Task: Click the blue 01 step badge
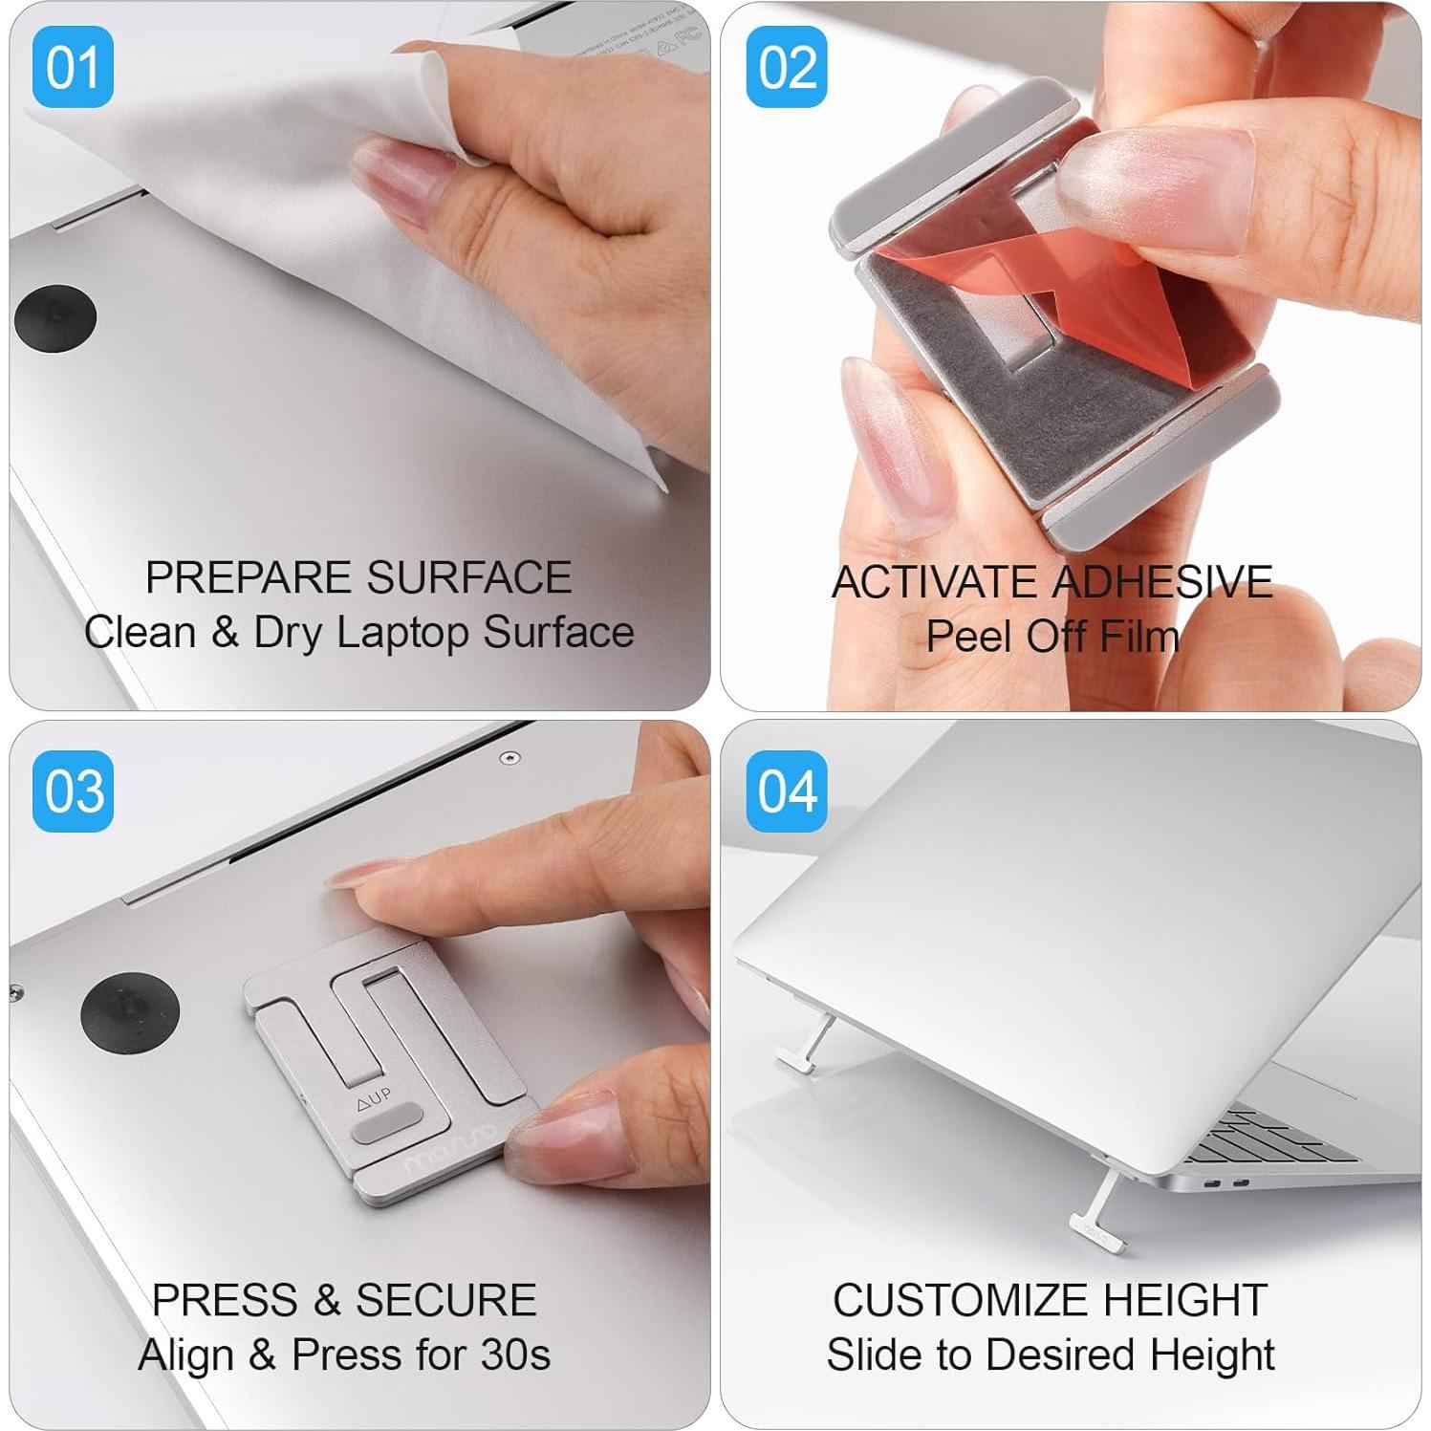(x=73, y=67)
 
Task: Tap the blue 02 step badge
(x=787, y=67)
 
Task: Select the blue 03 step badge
(x=73, y=791)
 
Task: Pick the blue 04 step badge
(x=787, y=791)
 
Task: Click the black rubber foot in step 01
(x=55, y=317)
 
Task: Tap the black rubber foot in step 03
(x=130, y=1014)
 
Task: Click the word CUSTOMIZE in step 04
(x=960, y=1300)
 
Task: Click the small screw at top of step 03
(x=513, y=758)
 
